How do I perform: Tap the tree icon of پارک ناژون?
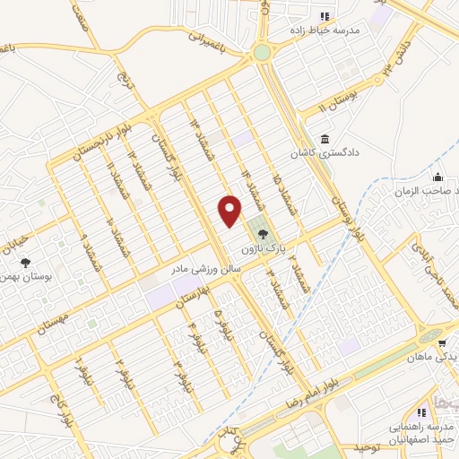click(x=262, y=234)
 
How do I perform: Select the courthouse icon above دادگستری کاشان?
click(x=324, y=138)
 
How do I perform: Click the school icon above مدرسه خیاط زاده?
click(x=325, y=16)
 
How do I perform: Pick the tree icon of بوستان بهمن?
click(x=25, y=262)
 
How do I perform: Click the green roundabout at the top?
click(x=262, y=53)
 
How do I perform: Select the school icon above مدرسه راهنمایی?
click(x=396, y=411)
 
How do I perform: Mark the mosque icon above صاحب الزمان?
click(x=437, y=177)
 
